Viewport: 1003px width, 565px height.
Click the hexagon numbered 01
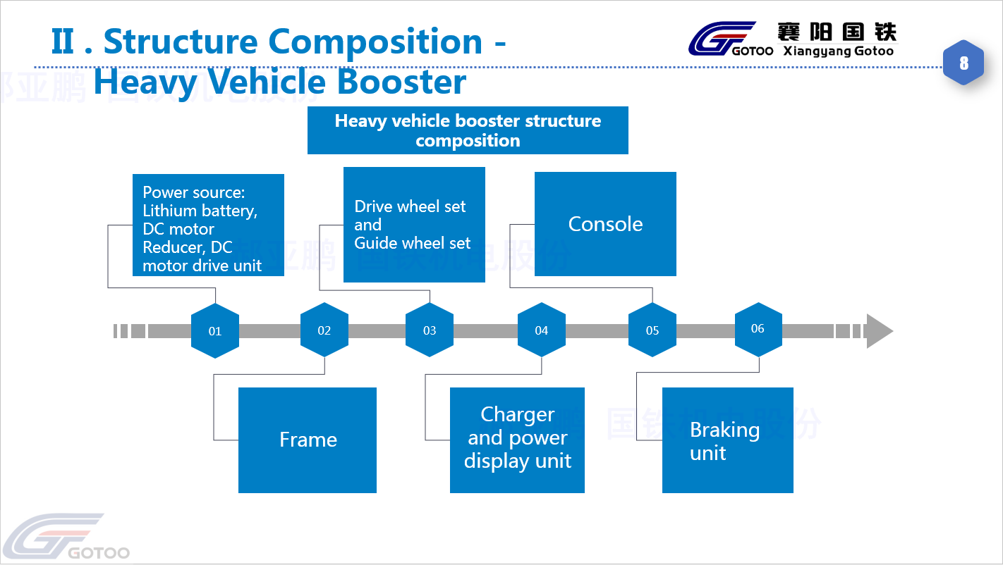[215, 330]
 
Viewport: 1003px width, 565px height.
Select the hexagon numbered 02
[324, 330]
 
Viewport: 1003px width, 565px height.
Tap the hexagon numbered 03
[430, 330]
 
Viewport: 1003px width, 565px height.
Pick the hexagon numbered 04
[542, 330]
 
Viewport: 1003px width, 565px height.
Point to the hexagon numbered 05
[652, 330]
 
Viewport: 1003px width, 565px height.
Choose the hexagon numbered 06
[758, 328]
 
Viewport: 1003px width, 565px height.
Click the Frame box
[308, 440]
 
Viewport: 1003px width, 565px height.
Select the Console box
[605, 224]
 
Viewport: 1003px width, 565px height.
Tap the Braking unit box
[727, 440]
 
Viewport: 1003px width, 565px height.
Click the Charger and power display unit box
[517, 440]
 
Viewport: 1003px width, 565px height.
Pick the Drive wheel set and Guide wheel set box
[414, 225]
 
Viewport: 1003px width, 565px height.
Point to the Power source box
[208, 225]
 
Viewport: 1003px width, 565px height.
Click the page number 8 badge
[964, 63]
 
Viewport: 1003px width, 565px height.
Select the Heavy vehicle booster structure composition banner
[468, 130]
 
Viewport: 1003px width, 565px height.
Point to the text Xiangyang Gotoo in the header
[838, 51]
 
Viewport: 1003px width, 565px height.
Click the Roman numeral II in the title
[63, 42]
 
